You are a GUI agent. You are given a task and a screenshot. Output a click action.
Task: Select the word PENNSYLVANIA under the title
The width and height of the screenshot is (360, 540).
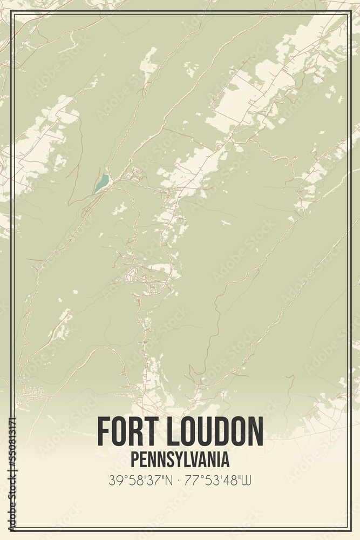pos(180,460)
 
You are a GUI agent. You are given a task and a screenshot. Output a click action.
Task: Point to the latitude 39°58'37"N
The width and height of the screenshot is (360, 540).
pos(141,480)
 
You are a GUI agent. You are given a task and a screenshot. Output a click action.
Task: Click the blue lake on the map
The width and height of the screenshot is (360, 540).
pos(101,183)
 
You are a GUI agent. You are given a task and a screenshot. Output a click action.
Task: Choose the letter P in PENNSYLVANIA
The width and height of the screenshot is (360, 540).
pos(134,460)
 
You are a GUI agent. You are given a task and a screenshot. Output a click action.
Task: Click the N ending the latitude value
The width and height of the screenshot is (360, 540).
pos(169,480)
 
